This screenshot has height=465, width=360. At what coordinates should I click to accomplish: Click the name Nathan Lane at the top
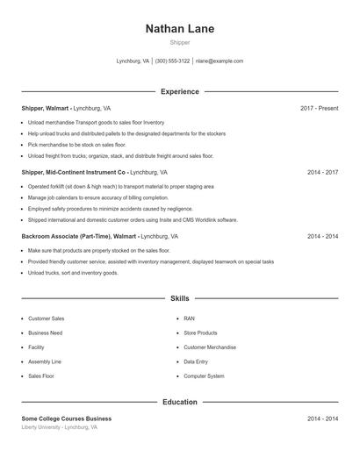tap(179, 29)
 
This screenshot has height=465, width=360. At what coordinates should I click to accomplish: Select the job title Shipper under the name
tap(179, 43)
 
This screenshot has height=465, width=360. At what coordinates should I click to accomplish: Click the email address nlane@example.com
tap(220, 61)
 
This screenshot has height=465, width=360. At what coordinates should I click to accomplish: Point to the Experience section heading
tap(179, 91)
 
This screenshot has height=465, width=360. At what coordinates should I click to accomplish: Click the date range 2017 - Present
tap(319, 108)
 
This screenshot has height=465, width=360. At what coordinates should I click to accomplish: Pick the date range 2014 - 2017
tap(322, 173)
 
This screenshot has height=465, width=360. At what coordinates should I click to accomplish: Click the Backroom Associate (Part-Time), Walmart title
tap(79, 237)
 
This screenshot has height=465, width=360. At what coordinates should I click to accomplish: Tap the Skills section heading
tap(179, 298)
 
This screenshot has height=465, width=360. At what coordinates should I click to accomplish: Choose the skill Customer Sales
tap(46, 318)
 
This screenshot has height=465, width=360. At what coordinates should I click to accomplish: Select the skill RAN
tap(189, 318)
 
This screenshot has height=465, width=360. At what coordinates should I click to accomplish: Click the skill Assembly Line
tap(45, 361)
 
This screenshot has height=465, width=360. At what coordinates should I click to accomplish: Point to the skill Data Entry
tap(196, 361)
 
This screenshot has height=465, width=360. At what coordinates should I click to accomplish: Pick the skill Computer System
tap(204, 376)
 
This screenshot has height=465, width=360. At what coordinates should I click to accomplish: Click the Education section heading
tap(179, 402)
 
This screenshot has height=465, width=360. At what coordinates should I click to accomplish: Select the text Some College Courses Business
tap(67, 418)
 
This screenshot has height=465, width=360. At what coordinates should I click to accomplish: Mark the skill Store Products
tap(200, 333)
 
